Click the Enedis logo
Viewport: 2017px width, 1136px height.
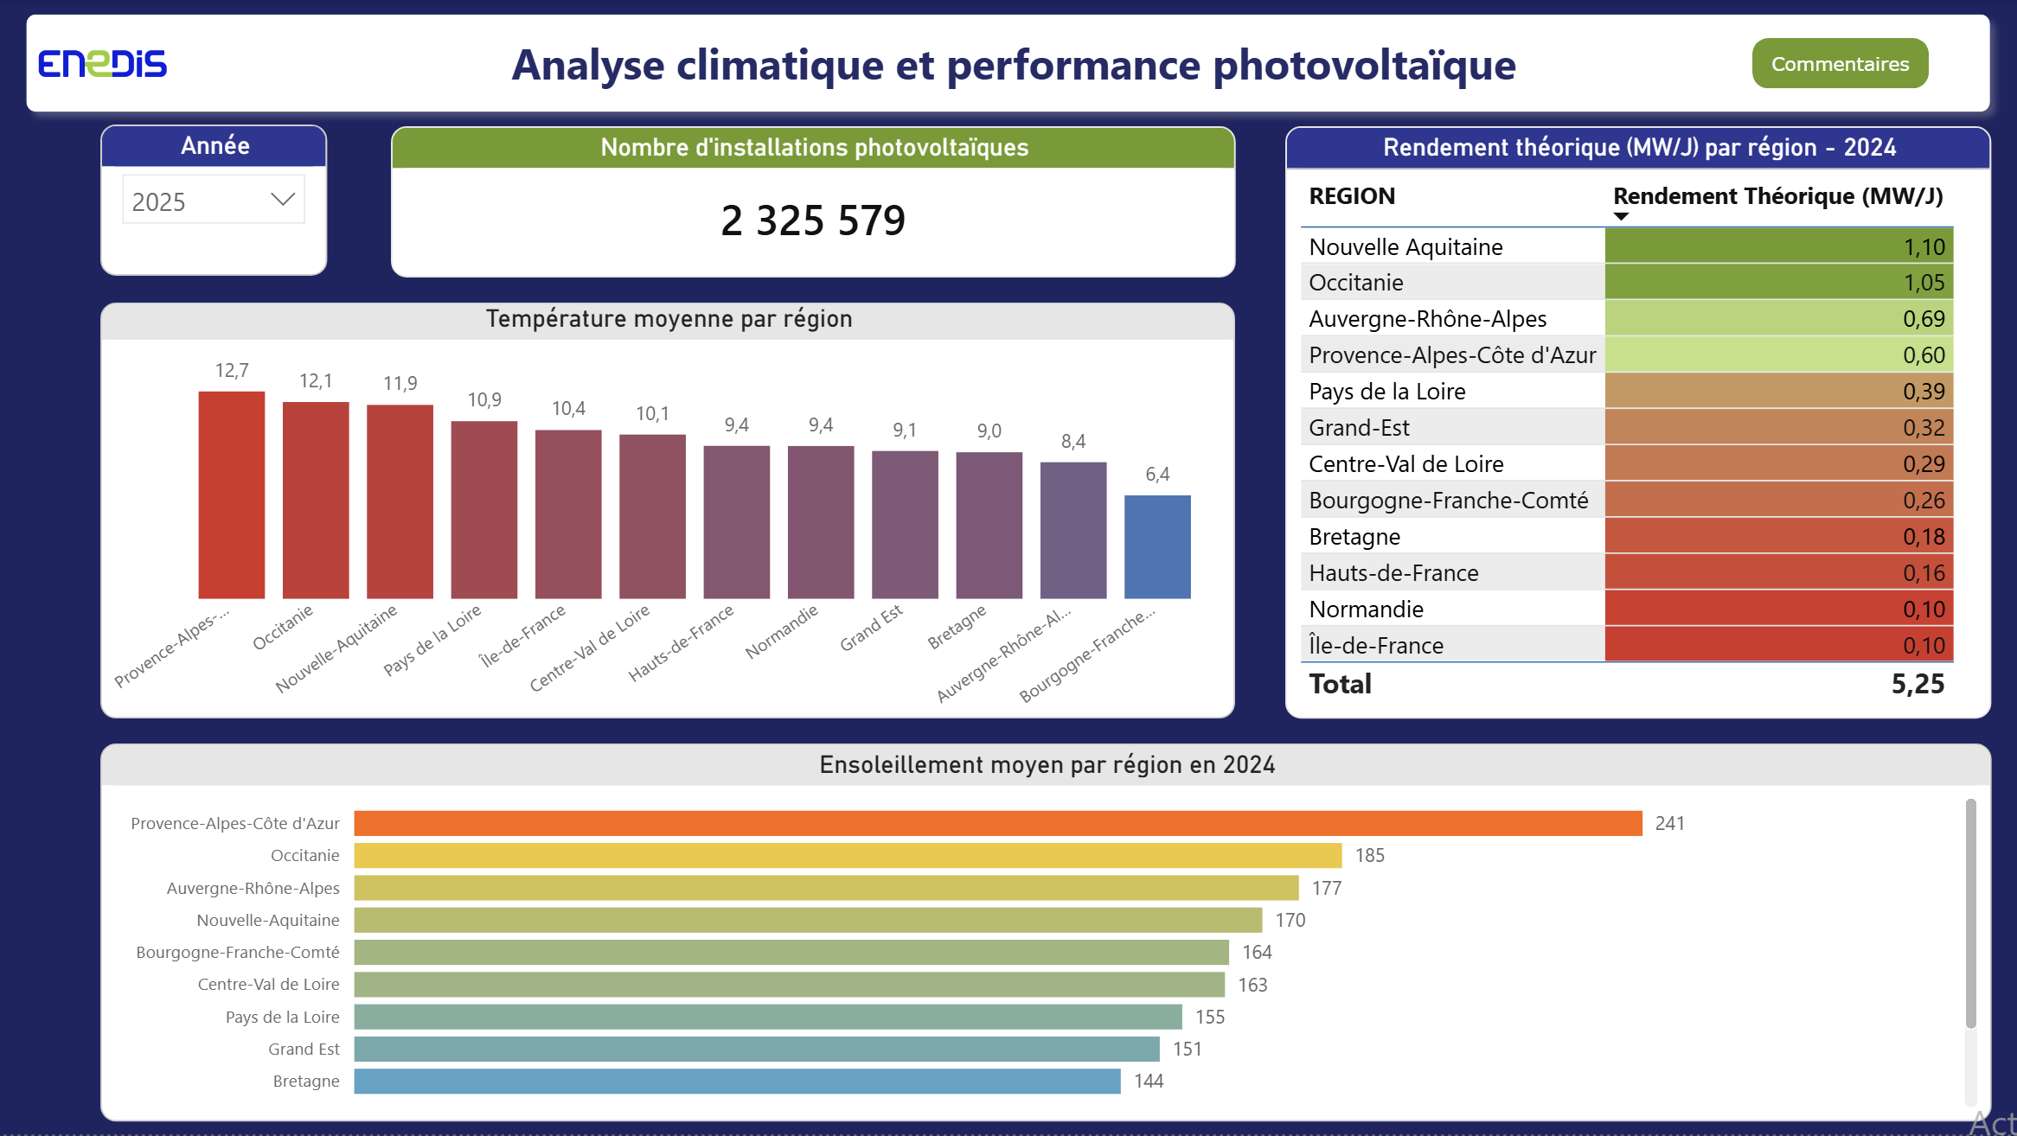[x=102, y=64]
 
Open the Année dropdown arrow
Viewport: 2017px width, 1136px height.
[x=283, y=200]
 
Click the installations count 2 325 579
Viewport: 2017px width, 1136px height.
[x=813, y=220]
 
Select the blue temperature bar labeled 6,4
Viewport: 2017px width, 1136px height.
[x=1157, y=546]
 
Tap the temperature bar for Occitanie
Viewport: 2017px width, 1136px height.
[x=316, y=500]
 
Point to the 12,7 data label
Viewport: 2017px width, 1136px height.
[x=232, y=371]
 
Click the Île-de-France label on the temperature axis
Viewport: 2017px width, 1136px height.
[x=522, y=635]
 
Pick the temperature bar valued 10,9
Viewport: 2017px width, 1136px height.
[x=484, y=509]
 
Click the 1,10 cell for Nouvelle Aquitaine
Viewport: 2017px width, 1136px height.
[x=1779, y=246]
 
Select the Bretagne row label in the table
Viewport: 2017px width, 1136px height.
[x=1354, y=537]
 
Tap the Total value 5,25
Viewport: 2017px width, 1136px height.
[x=1918, y=684]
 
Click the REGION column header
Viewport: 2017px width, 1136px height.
[x=1352, y=196]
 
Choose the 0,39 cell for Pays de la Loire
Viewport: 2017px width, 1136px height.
[x=1779, y=392]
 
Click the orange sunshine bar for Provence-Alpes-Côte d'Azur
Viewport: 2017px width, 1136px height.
[x=998, y=823]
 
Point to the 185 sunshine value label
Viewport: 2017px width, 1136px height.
[x=1370, y=856]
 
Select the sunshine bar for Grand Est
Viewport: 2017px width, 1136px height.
[x=757, y=1049]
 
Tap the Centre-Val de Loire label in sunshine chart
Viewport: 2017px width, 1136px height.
[x=268, y=984]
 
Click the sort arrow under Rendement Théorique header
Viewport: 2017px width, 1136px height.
[x=1622, y=216]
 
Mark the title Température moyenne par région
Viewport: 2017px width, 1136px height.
[x=669, y=319]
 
